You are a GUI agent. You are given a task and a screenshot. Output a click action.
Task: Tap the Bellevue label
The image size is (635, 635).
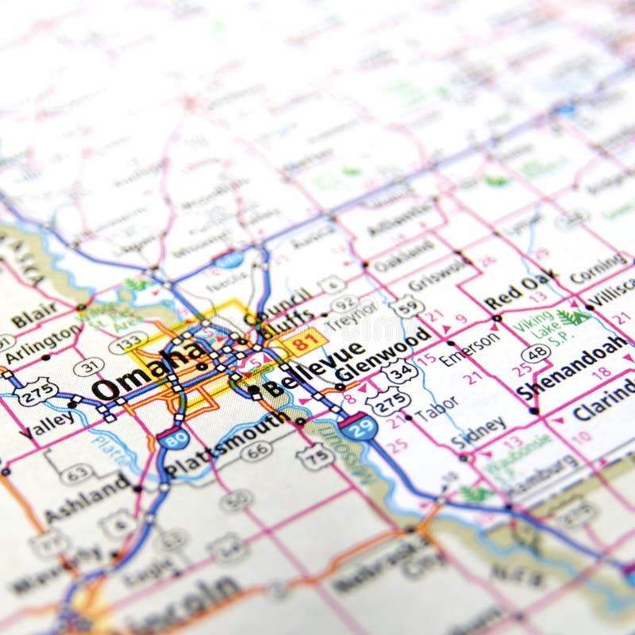coord(313,368)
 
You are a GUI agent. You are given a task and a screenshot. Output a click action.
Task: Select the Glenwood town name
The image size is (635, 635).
coord(383,352)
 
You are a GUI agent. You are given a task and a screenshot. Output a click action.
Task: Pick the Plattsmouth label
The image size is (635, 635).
coord(225,445)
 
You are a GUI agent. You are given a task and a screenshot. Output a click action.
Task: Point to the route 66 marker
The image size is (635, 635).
coord(256,450)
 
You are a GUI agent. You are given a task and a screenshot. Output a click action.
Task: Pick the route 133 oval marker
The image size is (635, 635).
coord(128,343)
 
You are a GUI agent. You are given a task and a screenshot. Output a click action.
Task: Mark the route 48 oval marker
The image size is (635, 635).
coord(537,353)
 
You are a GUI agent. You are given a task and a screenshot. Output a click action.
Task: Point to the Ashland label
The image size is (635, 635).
coord(87,498)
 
